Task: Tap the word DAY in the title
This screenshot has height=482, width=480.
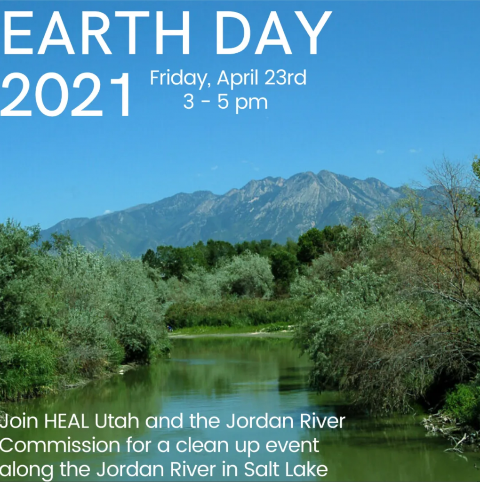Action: [x=273, y=33]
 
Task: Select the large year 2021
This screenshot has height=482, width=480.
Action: [x=65, y=94]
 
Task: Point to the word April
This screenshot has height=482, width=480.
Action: [x=238, y=78]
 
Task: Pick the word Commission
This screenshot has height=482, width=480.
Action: [x=60, y=445]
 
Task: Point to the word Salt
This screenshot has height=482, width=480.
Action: [x=262, y=469]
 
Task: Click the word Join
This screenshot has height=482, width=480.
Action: [x=19, y=421]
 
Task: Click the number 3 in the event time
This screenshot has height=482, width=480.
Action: [x=189, y=102]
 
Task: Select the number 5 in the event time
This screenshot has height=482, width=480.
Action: [x=224, y=102]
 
